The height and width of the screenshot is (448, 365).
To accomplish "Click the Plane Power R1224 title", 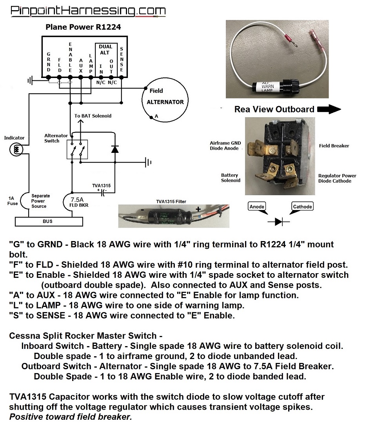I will (83, 27).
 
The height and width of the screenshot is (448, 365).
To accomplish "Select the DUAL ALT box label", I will (105, 49).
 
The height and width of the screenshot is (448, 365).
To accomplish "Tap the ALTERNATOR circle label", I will (165, 102).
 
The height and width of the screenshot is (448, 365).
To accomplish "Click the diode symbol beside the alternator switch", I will (115, 149).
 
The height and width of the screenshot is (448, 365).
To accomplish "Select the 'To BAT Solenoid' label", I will (93, 116).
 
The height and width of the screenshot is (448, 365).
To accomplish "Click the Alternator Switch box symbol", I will (77, 149).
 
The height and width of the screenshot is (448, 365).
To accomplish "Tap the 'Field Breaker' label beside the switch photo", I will (334, 146).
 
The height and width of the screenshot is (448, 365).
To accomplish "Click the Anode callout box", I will (257, 207).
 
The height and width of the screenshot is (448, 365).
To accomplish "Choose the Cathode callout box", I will (302, 207).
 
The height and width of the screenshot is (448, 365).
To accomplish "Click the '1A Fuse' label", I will (12, 201).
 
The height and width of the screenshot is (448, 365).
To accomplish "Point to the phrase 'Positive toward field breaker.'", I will (71, 417).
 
